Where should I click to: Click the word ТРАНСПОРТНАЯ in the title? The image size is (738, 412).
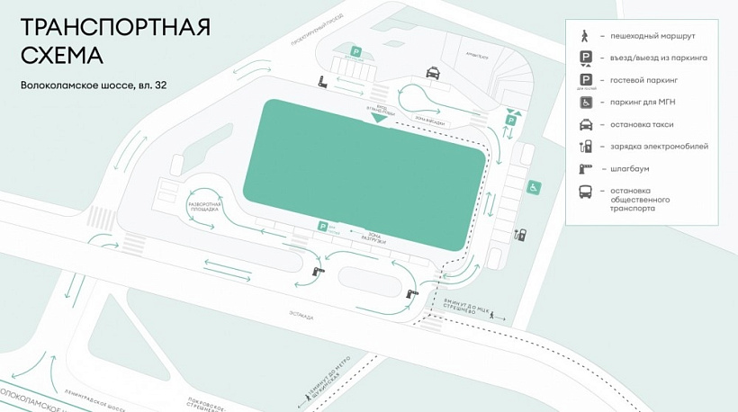pos(114,26)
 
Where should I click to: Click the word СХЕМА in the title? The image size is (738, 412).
pos(62,55)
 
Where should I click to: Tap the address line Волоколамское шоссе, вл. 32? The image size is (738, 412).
pos(94,86)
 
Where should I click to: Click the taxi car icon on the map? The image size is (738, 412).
pos(432,72)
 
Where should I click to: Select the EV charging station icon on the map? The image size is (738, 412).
pos(519,236)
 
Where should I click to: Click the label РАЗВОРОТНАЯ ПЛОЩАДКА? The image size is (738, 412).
pos(203,208)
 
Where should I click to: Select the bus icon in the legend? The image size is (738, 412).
pos(586,192)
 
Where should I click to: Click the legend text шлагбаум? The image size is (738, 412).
pos(630,168)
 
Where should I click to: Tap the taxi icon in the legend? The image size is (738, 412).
pos(586,124)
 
